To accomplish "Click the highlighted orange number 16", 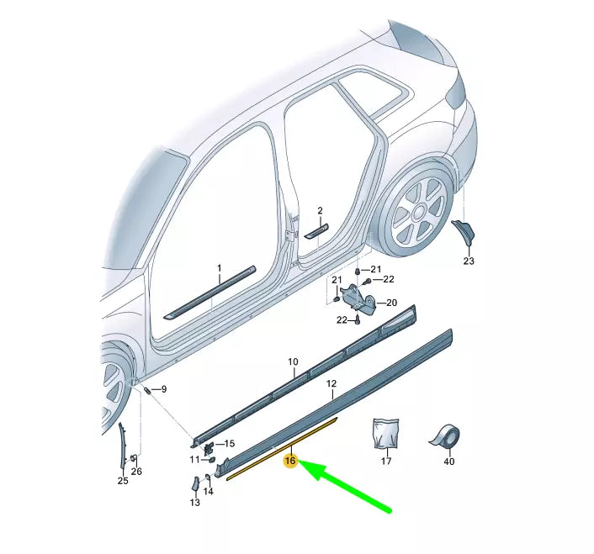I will (x=291, y=461).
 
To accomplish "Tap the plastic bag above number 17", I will (x=386, y=435).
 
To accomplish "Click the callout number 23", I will (x=469, y=261).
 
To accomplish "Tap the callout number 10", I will (x=293, y=362).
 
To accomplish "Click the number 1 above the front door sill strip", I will (x=219, y=268).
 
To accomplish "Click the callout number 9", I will (x=163, y=389).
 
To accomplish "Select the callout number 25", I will (x=123, y=481).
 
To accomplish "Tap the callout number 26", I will (x=136, y=472).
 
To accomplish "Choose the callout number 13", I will (x=194, y=503).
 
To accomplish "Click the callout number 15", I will (x=230, y=443).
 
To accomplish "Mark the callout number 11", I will (x=194, y=459).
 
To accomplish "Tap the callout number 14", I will (x=209, y=492).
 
